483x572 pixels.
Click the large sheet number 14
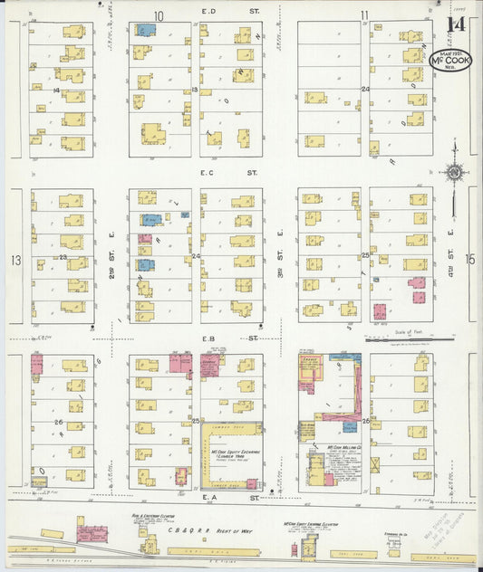(457, 26)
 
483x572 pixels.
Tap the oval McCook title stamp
(451, 59)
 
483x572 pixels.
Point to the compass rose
(453, 171)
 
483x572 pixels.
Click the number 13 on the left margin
(14, 260)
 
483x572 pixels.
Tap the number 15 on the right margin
(469, 260)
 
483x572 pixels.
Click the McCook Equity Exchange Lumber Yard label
(232, 453)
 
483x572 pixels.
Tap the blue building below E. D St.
(145, 30)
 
